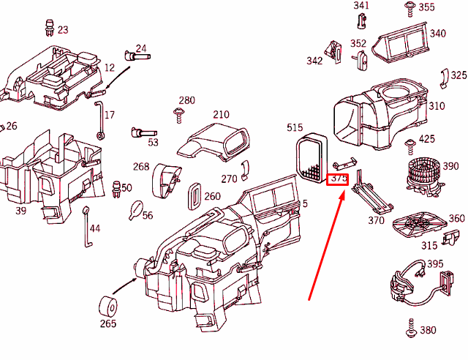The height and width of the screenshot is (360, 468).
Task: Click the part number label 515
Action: point(295,128)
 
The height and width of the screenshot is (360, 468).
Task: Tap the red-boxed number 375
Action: point(339,179)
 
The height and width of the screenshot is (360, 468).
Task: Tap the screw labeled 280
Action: point(178,113)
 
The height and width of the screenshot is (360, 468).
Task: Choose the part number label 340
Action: point(437,34)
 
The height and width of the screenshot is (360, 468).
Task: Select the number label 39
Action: point(20,211)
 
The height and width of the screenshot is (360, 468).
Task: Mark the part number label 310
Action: point(437,106)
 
